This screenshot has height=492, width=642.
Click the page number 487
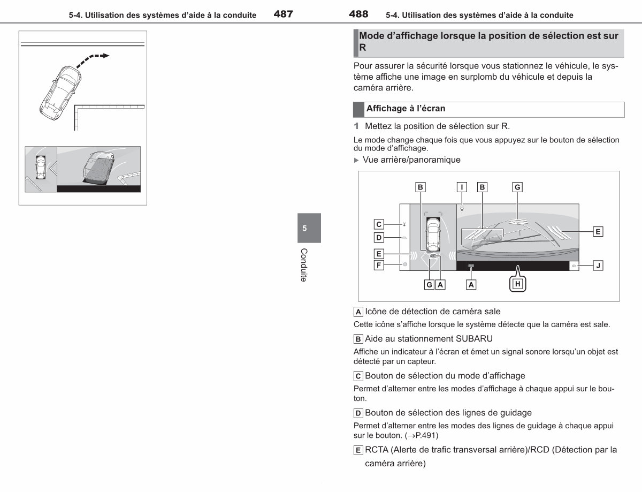(283, 14)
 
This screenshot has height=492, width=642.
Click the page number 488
(358, 14)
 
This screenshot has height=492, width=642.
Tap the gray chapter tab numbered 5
(309, 228)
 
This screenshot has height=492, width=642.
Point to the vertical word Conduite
(304, 265)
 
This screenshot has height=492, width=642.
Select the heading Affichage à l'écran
(406, 109)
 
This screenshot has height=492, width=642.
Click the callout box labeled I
(462, 187)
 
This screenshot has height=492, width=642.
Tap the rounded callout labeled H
(518, 284)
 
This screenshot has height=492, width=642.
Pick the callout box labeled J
(598, 266)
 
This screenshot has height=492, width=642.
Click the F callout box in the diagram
(379, 265)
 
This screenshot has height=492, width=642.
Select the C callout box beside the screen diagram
(379, 224)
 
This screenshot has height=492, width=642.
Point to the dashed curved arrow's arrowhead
(105, 56)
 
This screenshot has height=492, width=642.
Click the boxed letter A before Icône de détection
(358, 312)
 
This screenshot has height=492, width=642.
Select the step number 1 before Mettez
(356, 126)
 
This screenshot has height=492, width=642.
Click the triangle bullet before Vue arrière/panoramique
(356, 160)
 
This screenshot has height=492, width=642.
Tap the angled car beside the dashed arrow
(60, 93)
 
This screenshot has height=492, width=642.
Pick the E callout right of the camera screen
(598, 231)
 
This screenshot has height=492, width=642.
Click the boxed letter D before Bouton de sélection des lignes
(358, 413)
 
